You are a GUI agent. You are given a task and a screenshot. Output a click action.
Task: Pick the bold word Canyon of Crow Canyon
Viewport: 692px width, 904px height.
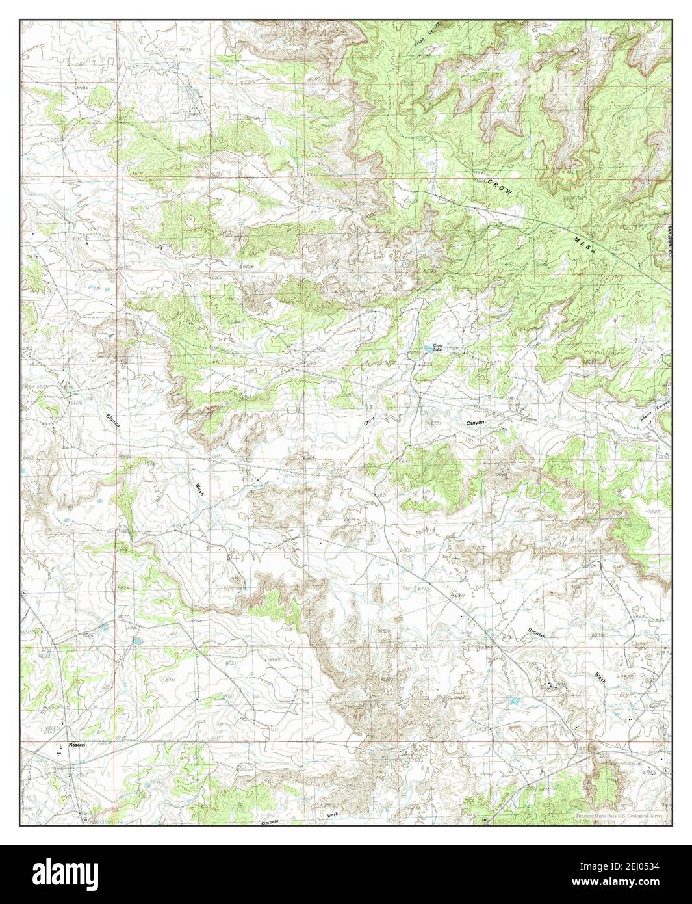pos(476,423)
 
